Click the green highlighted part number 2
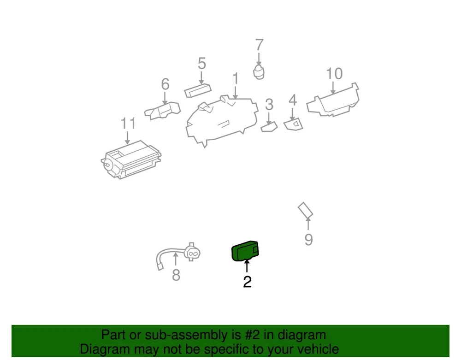(x=245, y=251)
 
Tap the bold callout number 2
(x=247, y=282)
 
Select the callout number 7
(x=259, y=45)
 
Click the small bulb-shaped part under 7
(x=259, y=72)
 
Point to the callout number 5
(x=202, y=64)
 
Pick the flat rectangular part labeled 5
(x=198, y=90)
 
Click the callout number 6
(x=165, y=84)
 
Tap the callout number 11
(x=128, y=124)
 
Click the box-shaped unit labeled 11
(x=131, y=159)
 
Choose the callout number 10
(x=334, y=73)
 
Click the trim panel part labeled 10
(x=333, y=101)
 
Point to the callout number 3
(x=269, y=105)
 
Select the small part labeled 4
(x=293, y=124)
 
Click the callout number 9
(x=308, y=240)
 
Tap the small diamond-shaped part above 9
(x=305, y=210)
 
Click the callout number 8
(x=176, y=275)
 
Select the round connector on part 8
(x=192, y=253)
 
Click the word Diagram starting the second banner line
(x=105, y=349)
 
